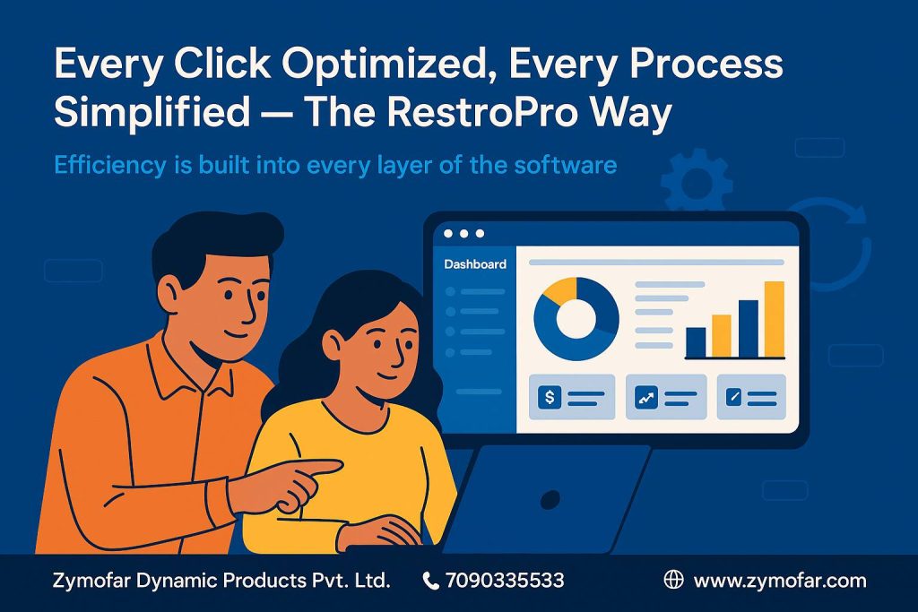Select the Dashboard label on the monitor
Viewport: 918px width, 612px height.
tap(475, 264)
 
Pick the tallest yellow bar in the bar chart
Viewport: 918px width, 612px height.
tap(774, 320)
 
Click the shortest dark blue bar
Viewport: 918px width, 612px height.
tap(696, 342)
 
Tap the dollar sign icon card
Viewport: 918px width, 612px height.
tap(571, 398)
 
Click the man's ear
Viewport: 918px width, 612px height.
tap(170, 294)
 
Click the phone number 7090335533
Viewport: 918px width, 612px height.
tap(505, 581)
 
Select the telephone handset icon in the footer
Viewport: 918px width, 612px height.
tap(430, 581)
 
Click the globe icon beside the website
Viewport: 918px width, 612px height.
tap(673, 579)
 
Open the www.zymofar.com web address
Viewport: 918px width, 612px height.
tap(780, 581)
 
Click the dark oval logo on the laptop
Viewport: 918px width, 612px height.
tap(550, 499)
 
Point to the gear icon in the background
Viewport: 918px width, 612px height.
tap(696, 181)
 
